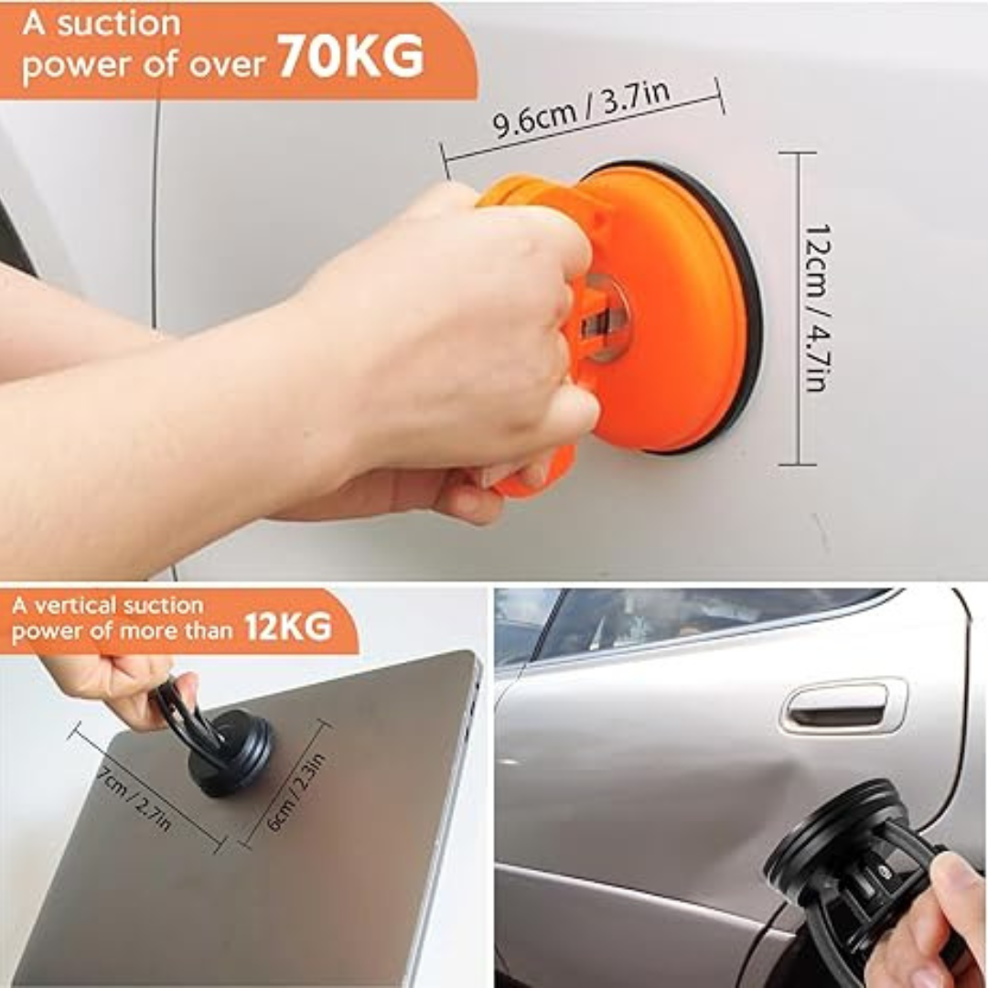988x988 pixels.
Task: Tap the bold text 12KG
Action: tap(287, 627)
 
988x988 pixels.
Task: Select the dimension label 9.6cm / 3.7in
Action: tap(580, 109)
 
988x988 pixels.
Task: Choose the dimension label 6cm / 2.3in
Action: tap(295, 791)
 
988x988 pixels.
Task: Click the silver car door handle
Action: tap(843, 705)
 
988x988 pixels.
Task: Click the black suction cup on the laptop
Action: tap(230, 752)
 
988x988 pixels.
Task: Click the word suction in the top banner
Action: tap(119, 25)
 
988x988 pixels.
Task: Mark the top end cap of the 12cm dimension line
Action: tap(798, 153)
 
